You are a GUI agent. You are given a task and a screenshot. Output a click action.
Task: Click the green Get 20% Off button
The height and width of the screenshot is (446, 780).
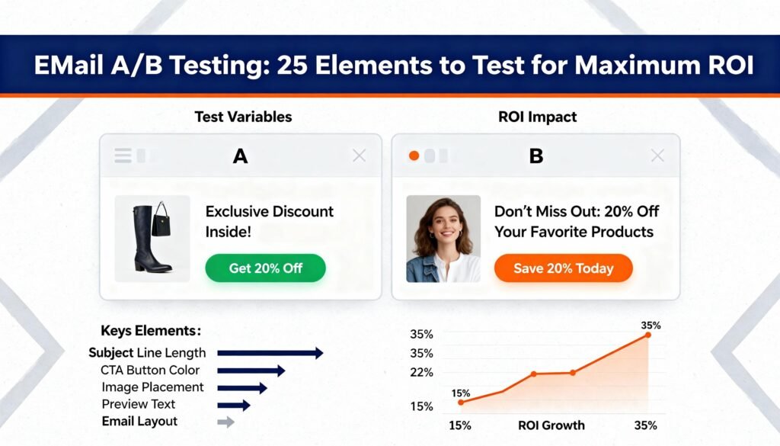pos(265,268)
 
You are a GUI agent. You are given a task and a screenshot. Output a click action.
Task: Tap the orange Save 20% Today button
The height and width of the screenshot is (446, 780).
pos(563,268)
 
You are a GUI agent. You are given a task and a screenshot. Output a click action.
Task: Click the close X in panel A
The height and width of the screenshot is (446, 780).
pos(360,156)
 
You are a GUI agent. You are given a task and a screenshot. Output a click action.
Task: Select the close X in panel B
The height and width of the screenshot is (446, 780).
pos(657,156)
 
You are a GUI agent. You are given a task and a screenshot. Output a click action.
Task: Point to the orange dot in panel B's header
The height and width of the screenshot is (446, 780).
pos(414,156)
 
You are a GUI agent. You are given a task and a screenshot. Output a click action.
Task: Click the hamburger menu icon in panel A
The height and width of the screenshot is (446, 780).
pos(123,156)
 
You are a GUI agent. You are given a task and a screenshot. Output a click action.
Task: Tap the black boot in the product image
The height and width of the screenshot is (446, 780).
pos(150,239)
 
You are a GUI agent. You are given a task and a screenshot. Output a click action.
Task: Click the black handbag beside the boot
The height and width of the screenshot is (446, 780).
pos(161,220)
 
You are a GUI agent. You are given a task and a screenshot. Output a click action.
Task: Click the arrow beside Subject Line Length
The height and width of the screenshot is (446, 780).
pos(270,353)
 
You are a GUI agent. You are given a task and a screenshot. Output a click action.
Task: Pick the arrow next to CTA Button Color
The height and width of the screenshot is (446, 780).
pos(251,371)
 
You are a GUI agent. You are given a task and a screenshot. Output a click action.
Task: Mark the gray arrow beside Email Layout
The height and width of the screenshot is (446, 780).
pos(225,422)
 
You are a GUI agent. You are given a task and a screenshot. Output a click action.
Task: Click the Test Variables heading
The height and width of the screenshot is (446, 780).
pos(243,117)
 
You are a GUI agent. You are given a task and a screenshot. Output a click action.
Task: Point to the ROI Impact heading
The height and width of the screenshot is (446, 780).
pos(537,117)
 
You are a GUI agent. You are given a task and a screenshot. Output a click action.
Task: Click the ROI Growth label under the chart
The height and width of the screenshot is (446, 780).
pos(551,425)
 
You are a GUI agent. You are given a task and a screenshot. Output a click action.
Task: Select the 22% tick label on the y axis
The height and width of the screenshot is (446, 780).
pos(421,372)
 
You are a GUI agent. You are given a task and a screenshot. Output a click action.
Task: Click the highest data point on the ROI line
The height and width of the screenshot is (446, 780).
pos(648,335)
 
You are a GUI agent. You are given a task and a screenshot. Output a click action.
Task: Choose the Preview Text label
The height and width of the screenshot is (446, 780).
pos(139,404)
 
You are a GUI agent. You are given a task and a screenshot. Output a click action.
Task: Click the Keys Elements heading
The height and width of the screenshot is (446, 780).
pos(151,331)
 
